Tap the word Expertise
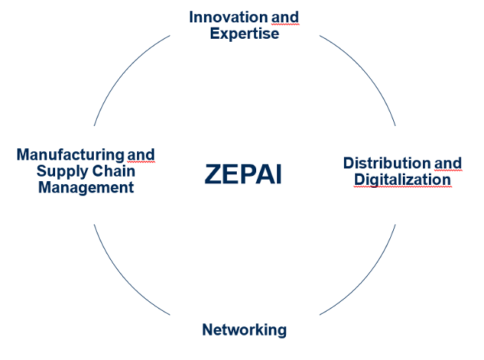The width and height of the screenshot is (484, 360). click(x=244, y=34)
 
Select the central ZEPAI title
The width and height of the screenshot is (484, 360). click(x=243, y=174)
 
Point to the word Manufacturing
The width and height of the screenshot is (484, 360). click(x=70, y=154)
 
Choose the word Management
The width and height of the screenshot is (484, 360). click(x=86, y=187)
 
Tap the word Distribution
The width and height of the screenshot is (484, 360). click(x=386, y=162)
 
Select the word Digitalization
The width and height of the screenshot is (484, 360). click(x=402, y=180)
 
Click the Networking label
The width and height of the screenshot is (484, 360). click(x=243, y=329)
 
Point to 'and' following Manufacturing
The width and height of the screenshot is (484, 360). click(x=141, y=154)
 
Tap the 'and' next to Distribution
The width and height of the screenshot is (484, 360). click(x=448, y=162)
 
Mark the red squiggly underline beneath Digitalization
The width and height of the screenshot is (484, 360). click(x=402, y=188)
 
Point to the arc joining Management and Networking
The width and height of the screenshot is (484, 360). click(x=123, y=280)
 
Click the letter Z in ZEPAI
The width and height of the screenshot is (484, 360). click(x=213, y=174)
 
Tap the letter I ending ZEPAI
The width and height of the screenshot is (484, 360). click(x=278, y=174)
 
